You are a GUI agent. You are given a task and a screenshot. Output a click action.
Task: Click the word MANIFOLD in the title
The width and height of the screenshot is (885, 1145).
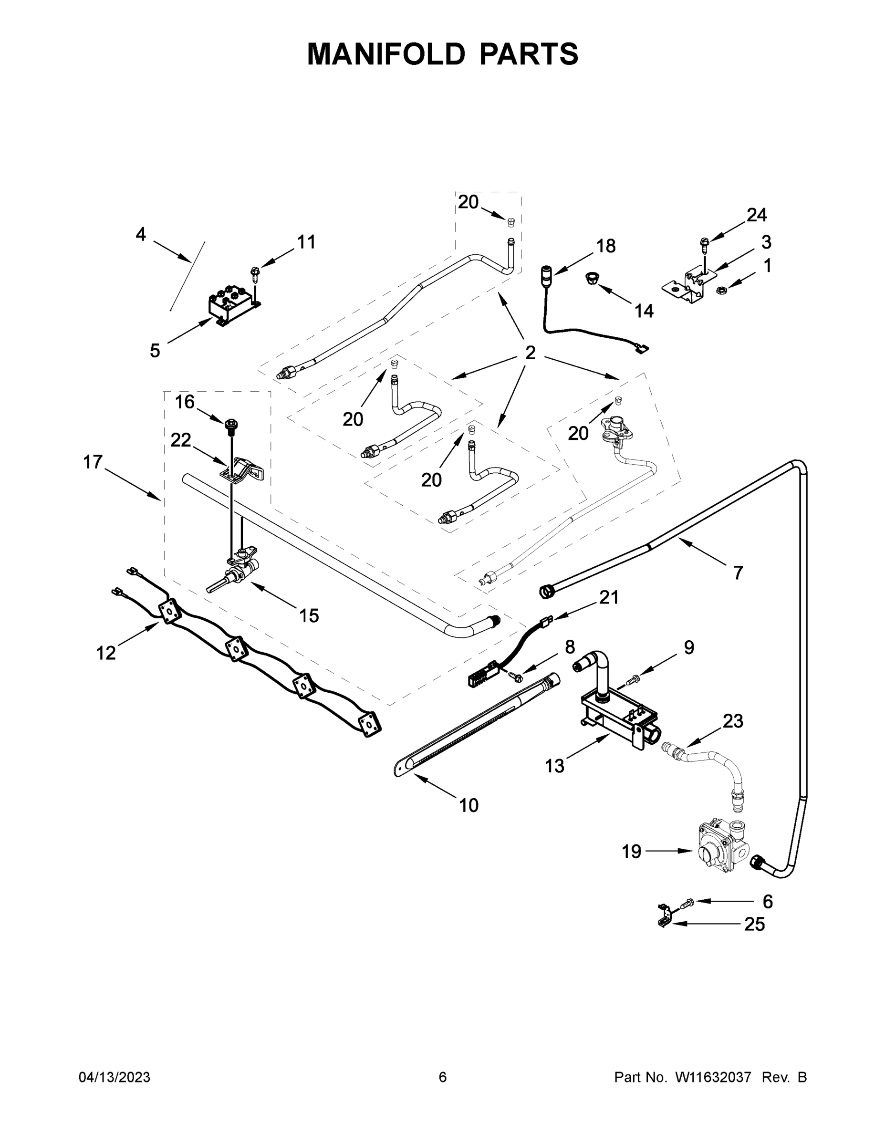click(x=386, y=54)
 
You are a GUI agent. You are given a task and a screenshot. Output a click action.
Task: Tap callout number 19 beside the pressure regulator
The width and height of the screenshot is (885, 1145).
click(x=631, y=852)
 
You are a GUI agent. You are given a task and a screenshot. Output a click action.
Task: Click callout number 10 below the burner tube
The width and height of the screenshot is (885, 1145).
click(x=468, y=805)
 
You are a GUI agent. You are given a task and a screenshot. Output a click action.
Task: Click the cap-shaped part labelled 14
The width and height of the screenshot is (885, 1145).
click(x=593, y=279)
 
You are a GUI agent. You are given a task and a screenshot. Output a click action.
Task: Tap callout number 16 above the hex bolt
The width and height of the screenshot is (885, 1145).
click(x=185, y=402)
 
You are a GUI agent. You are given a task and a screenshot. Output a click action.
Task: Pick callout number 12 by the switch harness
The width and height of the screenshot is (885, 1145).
click(x=106, y=653)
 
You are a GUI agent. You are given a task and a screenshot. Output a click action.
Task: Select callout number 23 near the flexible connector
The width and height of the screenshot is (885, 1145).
click(x=732, y=721)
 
